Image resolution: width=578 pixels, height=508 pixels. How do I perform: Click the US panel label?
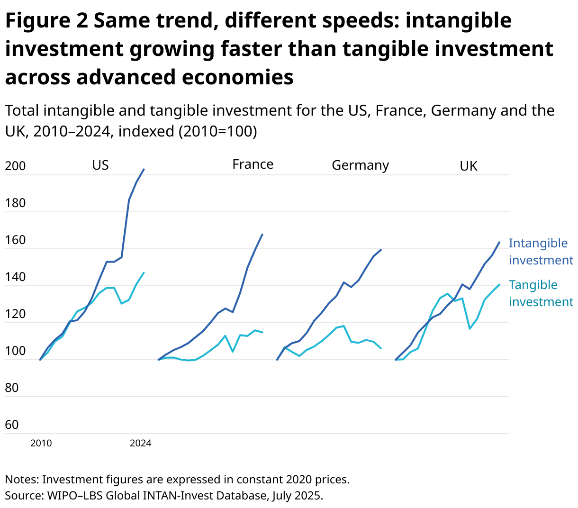(100, 165)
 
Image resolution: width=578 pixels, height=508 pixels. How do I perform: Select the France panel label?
(253, 164)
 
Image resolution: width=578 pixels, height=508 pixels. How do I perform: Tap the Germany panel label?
(360, 165)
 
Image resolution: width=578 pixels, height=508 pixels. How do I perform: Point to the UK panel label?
(469, 166)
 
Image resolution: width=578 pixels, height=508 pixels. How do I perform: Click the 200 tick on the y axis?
(15, 166)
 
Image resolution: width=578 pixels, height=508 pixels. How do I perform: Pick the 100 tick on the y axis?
(15, 351)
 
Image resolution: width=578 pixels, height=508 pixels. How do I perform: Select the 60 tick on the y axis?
(12, 425)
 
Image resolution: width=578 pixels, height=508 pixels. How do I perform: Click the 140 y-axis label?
(15, 277)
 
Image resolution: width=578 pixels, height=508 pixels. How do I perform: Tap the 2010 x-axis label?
(41, 444)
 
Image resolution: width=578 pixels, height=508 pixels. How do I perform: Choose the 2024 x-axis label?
(141, 444)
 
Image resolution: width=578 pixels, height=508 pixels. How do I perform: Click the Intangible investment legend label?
(541, 252)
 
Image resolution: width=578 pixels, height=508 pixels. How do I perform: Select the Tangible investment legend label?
(541, 293)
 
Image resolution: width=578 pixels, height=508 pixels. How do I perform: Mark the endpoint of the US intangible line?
(144, 169)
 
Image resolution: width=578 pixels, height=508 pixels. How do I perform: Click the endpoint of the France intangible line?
(262, 234)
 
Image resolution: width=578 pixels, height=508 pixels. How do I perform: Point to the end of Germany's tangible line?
(381, 349)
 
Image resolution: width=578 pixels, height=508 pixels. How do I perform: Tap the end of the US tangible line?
(144, 272)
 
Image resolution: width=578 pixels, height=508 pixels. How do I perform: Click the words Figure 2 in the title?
(46, 21)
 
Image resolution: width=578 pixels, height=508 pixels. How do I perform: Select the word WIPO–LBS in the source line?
(74, 496)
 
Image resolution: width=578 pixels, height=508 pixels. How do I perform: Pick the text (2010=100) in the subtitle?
(217, 131)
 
